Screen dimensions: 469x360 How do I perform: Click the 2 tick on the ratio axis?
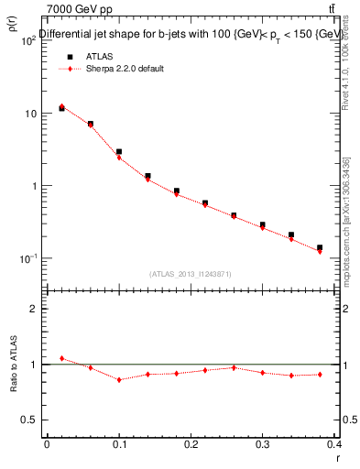click(34, 310)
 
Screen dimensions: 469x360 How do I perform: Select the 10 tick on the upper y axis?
click(29, 114)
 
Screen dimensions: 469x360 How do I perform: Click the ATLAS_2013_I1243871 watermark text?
click(191, 274)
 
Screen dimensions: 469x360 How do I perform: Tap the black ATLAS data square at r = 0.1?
click(119, 151)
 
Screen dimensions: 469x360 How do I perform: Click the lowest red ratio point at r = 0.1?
click(119, 379)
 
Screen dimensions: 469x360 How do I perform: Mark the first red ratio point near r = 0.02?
click(61, 358)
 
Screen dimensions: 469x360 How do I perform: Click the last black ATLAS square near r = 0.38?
click(320, 247)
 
